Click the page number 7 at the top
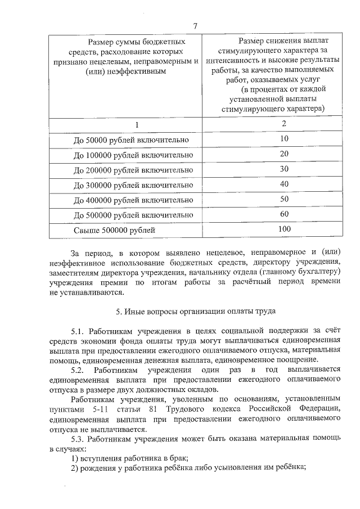tap(195, 25)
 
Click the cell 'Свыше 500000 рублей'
tap(114, 230)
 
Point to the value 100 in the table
tap(284, 229)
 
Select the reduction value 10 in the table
tap(284, 138)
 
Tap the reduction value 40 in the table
tap(284, 184)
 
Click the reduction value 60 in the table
tap(284, 214)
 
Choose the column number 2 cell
tap(284, 123)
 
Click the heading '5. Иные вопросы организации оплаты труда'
tap(195, 311)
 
